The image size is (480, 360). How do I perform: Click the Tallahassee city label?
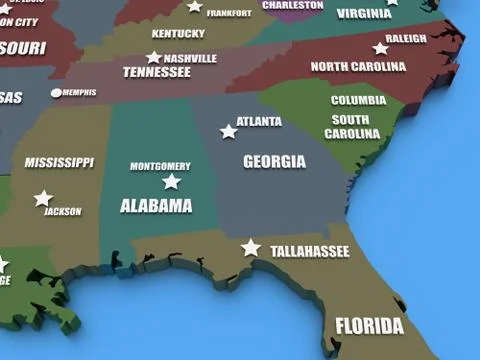click(x=310, y=252)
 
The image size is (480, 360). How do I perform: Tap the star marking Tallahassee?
click(x=251, y=247)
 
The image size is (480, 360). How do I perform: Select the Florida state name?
click(x=369, y=326)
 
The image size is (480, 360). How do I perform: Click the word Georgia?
click(x=274, y=161)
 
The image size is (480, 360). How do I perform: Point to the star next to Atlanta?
click(x=229, y=131)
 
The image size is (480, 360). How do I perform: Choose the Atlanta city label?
click(x=259, y=122)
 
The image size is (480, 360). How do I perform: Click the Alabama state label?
click(x=156, y=206)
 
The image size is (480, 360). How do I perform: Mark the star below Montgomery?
click(x=171, y=182)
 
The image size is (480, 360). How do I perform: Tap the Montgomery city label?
click(x=160, y=166)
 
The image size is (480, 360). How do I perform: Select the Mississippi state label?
click(x=59, y=162)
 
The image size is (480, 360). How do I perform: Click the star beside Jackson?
click(x=43, y=199)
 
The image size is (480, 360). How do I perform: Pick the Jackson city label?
click(x=63, y=212)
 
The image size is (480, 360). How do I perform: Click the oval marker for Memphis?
click(x=56, y=93)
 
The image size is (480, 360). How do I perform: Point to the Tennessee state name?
click(x=156, y=72)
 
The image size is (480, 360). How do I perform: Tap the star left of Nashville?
click(x=154, y=58)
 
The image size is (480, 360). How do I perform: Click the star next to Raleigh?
click(x=380, y=48)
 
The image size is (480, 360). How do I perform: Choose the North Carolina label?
click(x=357, y=66)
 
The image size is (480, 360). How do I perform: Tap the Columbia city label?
click(x=358, y=100)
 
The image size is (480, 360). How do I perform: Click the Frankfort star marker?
click(x=195, y=6)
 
